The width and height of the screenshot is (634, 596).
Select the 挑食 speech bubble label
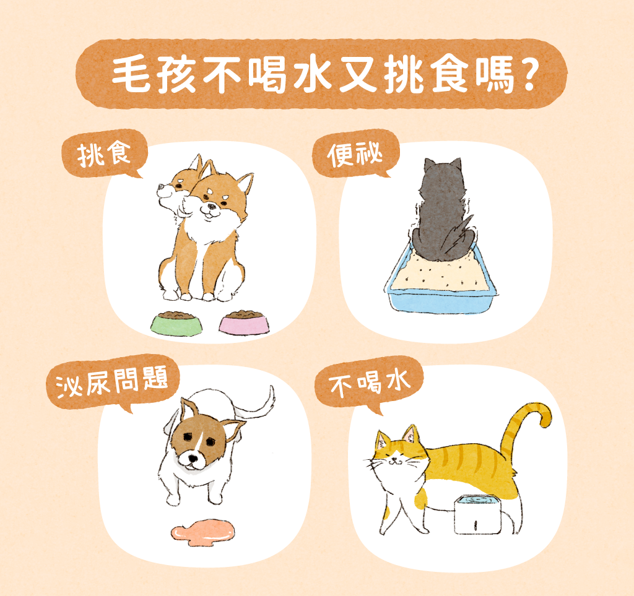tap(104, 154)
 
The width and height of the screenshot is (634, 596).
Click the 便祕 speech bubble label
tap(355, 154)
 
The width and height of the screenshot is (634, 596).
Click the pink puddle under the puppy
tap(203, 532)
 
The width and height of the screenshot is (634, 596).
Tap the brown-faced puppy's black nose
tap(193, 459)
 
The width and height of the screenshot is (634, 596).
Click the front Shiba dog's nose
tap(211, 207)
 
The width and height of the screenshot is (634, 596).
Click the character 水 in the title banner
tap(312, 75)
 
